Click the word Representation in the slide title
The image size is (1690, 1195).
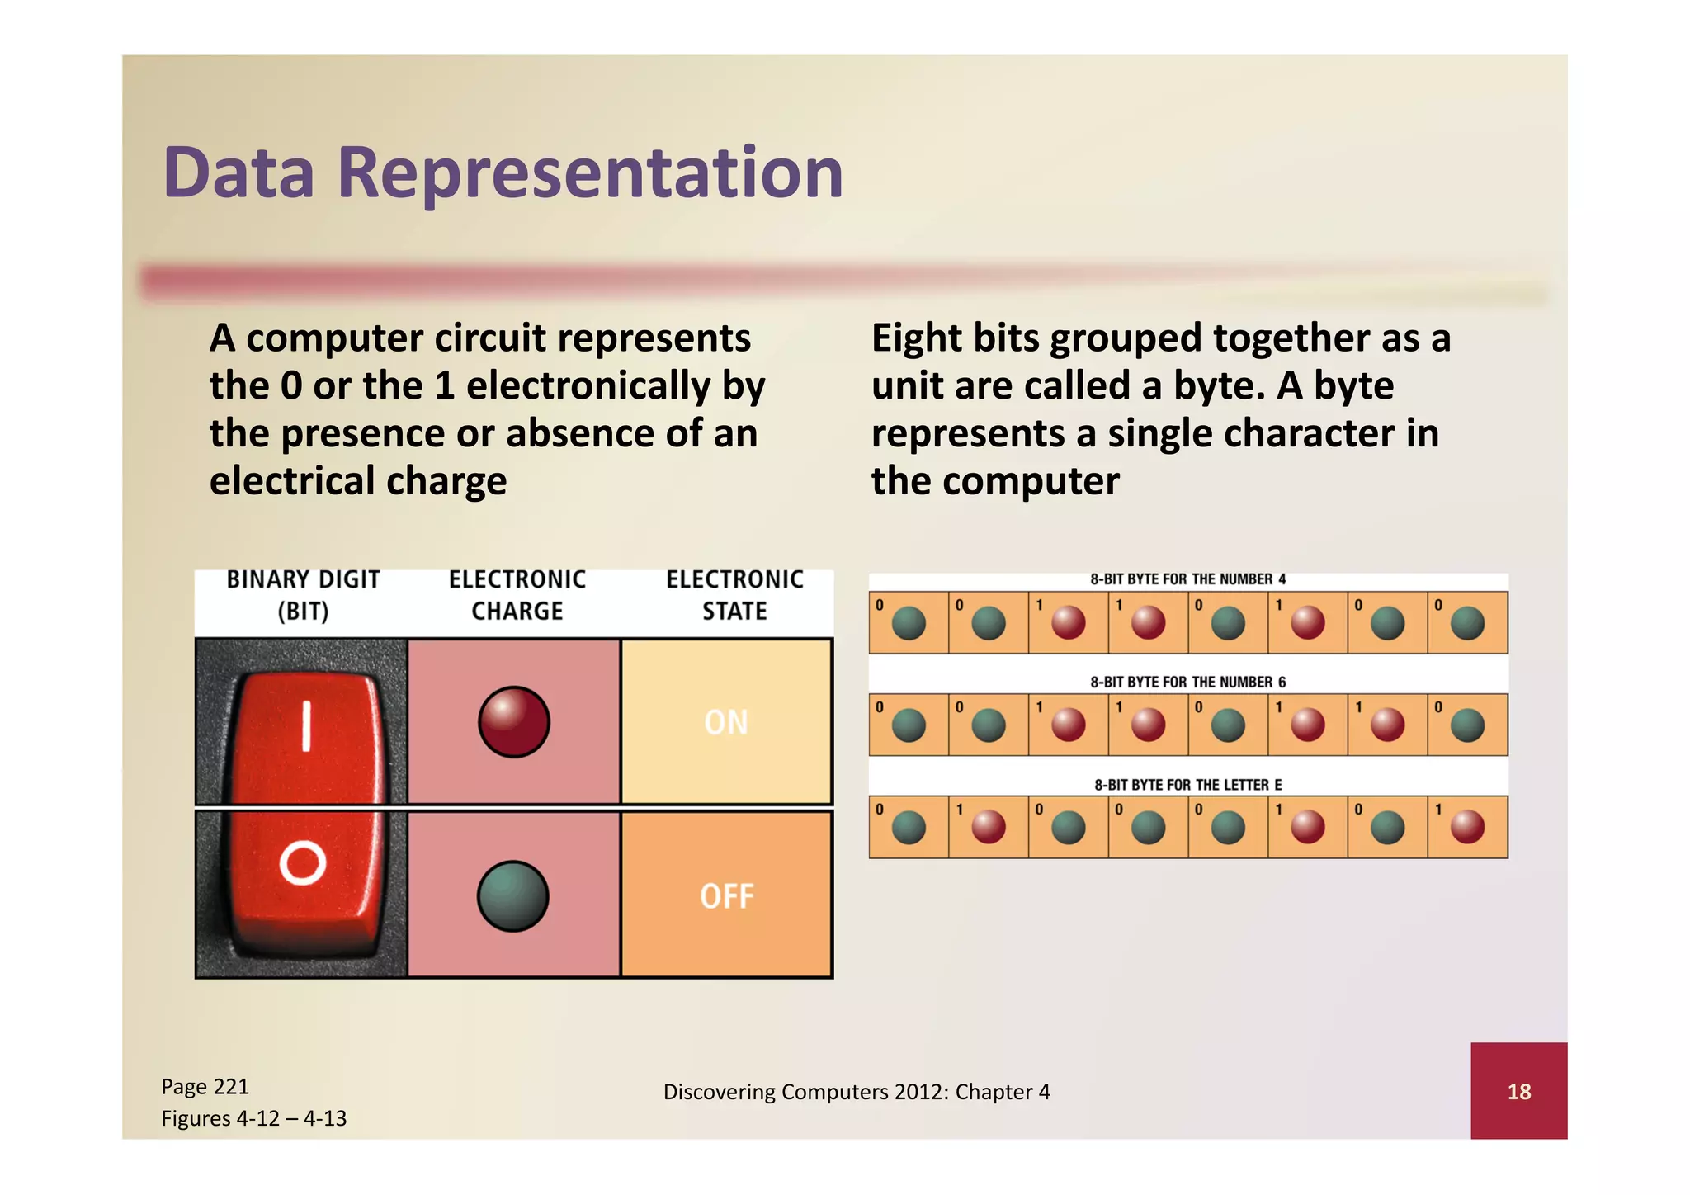(x=590, y=173)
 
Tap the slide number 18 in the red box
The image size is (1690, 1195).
(x=1518, y=1092)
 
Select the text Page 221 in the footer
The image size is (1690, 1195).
(x=205, y=1086)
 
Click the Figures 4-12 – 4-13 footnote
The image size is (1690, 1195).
(x=253, y=1118)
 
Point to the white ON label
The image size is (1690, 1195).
(x=726, y=722)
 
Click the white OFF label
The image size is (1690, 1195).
(x=727, y=896)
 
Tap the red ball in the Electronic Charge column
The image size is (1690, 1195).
(x=513, y=722)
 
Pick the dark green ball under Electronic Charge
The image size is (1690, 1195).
(x=512, y=896)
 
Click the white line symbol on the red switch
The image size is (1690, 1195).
(x=306, y=726)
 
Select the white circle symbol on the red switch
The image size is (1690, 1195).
(x=302, y=863)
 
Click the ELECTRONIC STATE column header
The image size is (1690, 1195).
(x=734, y=595)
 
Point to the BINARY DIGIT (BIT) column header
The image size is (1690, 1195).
(x=303, y=595)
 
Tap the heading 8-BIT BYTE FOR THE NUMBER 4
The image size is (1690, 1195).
(x=1187, y=579)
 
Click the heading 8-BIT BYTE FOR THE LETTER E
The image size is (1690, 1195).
(x=1187, y=785)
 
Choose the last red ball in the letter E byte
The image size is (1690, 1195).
(x=1467, y=827)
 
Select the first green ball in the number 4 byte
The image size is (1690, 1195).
(x=909, y=623)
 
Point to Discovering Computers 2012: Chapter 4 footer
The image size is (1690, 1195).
(x=857, y=1092)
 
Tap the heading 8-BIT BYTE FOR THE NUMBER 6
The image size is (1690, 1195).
(x=1187, y=682)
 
